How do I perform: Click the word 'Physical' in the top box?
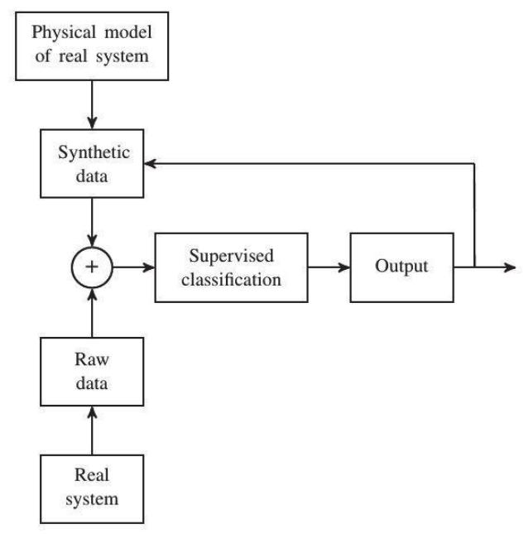click(55, 35)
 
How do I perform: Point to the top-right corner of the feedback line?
click(474, 164)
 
